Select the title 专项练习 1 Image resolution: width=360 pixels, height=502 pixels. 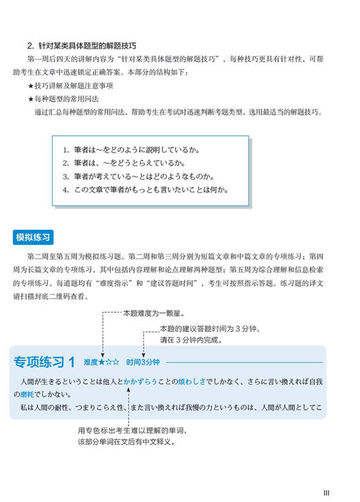(x=44, y=362)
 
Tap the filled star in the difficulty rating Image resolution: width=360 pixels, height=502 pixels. (x=102, y=362)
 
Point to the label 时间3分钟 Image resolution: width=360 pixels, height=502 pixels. (x=143, y=362)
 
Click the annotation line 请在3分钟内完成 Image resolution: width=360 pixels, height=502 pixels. (x=186, y=340)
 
